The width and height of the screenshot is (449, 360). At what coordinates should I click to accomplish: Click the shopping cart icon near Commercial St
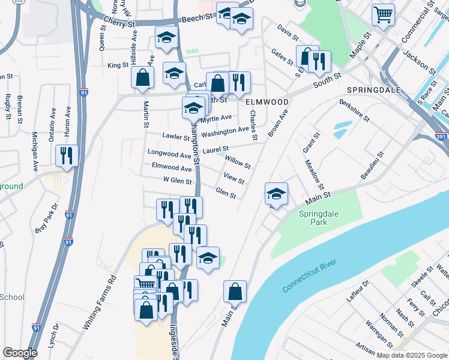click(383, 14)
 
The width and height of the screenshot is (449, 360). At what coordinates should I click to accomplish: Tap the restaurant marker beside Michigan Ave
click(67, 155)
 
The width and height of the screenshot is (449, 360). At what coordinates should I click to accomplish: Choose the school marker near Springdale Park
click(276, 194)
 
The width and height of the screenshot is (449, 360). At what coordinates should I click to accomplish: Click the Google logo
click(20, 353)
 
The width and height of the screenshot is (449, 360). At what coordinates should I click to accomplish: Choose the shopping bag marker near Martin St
click(142, 77)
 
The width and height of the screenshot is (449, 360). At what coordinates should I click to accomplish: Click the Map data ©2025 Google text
click(412, 355)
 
